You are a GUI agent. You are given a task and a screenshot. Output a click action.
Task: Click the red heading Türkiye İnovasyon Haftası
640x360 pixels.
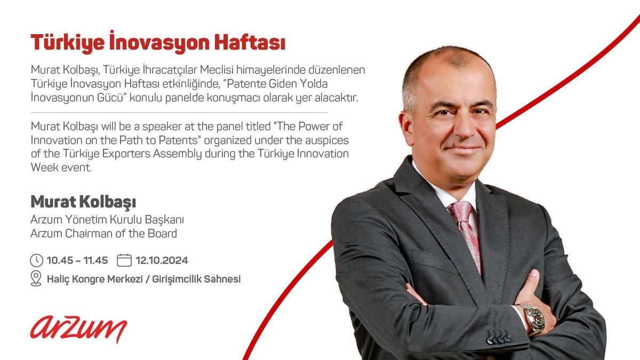158,42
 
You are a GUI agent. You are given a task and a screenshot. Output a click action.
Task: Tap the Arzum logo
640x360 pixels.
78,329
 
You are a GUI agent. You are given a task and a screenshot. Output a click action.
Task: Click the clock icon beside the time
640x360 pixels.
36,260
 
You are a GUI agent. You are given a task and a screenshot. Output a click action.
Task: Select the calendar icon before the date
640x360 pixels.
124,260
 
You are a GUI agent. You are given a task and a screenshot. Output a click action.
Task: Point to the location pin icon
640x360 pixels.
36,278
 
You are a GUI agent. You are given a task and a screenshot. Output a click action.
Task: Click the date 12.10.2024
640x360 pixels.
162,260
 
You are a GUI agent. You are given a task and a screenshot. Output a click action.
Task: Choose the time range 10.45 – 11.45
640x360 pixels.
77,260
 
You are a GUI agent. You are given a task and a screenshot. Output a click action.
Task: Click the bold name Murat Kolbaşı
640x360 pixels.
83,202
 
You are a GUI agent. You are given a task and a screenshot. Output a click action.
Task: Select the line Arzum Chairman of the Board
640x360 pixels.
103,234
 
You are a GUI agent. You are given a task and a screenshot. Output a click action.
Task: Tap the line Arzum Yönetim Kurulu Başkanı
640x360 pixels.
107,219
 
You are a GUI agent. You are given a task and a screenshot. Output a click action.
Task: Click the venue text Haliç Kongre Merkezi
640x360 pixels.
94,279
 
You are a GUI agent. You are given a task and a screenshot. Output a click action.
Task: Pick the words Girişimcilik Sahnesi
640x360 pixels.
196,279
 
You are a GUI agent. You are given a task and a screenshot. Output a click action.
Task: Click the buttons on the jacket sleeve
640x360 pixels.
499,340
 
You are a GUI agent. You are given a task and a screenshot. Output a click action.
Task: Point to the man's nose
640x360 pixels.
463,129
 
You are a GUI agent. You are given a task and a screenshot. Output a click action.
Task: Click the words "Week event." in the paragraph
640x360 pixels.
61,167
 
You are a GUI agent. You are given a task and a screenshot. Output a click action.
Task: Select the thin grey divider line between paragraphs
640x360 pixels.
179,113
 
